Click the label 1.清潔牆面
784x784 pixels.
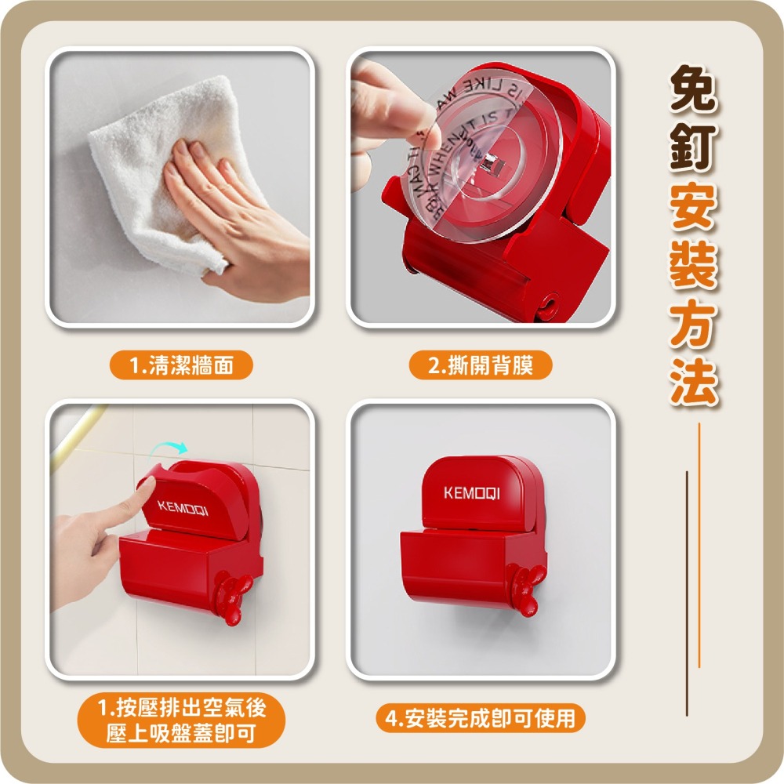point(181,365)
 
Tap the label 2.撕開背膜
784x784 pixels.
point(481,365)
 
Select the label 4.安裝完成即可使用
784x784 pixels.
point(480,717)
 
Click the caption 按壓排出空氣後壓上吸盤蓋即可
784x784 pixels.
point(181,721)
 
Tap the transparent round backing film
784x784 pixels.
point(470,165)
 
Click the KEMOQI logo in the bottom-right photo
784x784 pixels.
point(471,493)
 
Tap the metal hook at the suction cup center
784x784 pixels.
point(490,165)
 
